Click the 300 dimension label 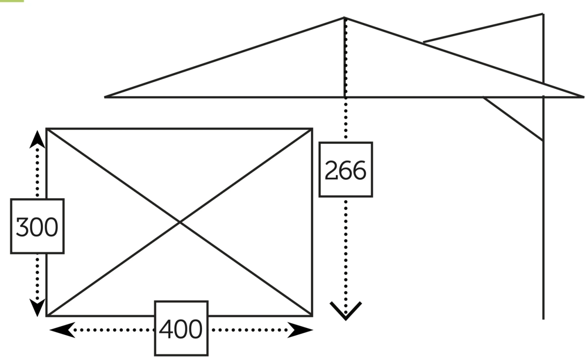coord(37,226)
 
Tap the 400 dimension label coord(181,329)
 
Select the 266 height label coord(346,170)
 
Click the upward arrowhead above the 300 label coord(37,139)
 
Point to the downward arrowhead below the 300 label coord(37,308)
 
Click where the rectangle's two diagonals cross coord(180,222)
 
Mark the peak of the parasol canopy coord(344,18)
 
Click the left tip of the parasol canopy coord(105,96)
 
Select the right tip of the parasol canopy coord(583,96)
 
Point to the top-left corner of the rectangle coord(47,128)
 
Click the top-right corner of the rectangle coord(312,128)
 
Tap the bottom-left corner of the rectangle coord(47,315)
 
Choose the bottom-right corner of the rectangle coord(312,315)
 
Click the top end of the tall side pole coord(543,14)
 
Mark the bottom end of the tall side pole coord(543,319)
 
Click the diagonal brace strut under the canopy coord(513,118)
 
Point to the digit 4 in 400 coord(166,329)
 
